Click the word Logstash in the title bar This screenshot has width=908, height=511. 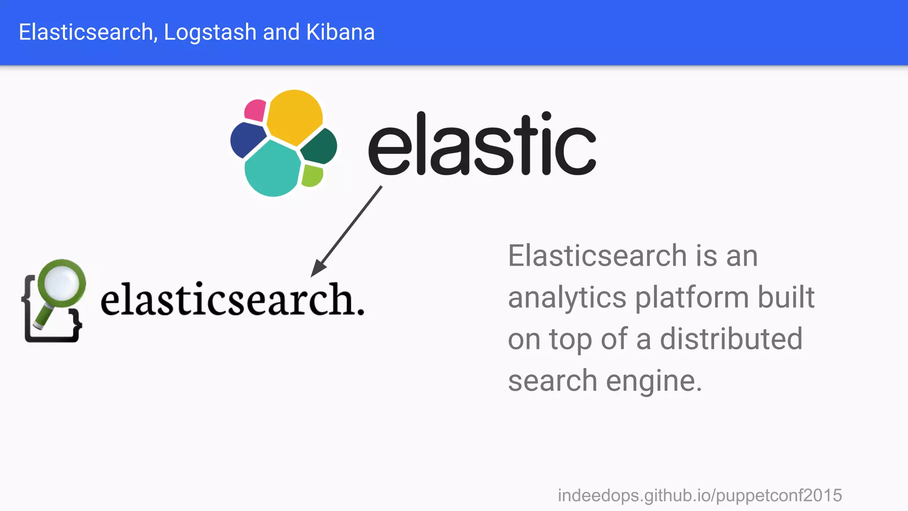(210, 32)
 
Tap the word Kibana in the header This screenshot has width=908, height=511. (340, 32)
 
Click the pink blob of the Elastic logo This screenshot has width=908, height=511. (255, 110)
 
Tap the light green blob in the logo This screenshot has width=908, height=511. (312, 176)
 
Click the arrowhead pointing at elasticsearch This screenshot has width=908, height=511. (318, 269)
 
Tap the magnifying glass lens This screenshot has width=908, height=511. (62, 283)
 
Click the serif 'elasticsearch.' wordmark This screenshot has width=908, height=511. (232, 300)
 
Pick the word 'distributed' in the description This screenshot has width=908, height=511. (731, 339)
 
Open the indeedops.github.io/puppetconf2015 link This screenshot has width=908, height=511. (700, 495)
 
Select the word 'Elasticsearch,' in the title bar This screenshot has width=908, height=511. (88, 32)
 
